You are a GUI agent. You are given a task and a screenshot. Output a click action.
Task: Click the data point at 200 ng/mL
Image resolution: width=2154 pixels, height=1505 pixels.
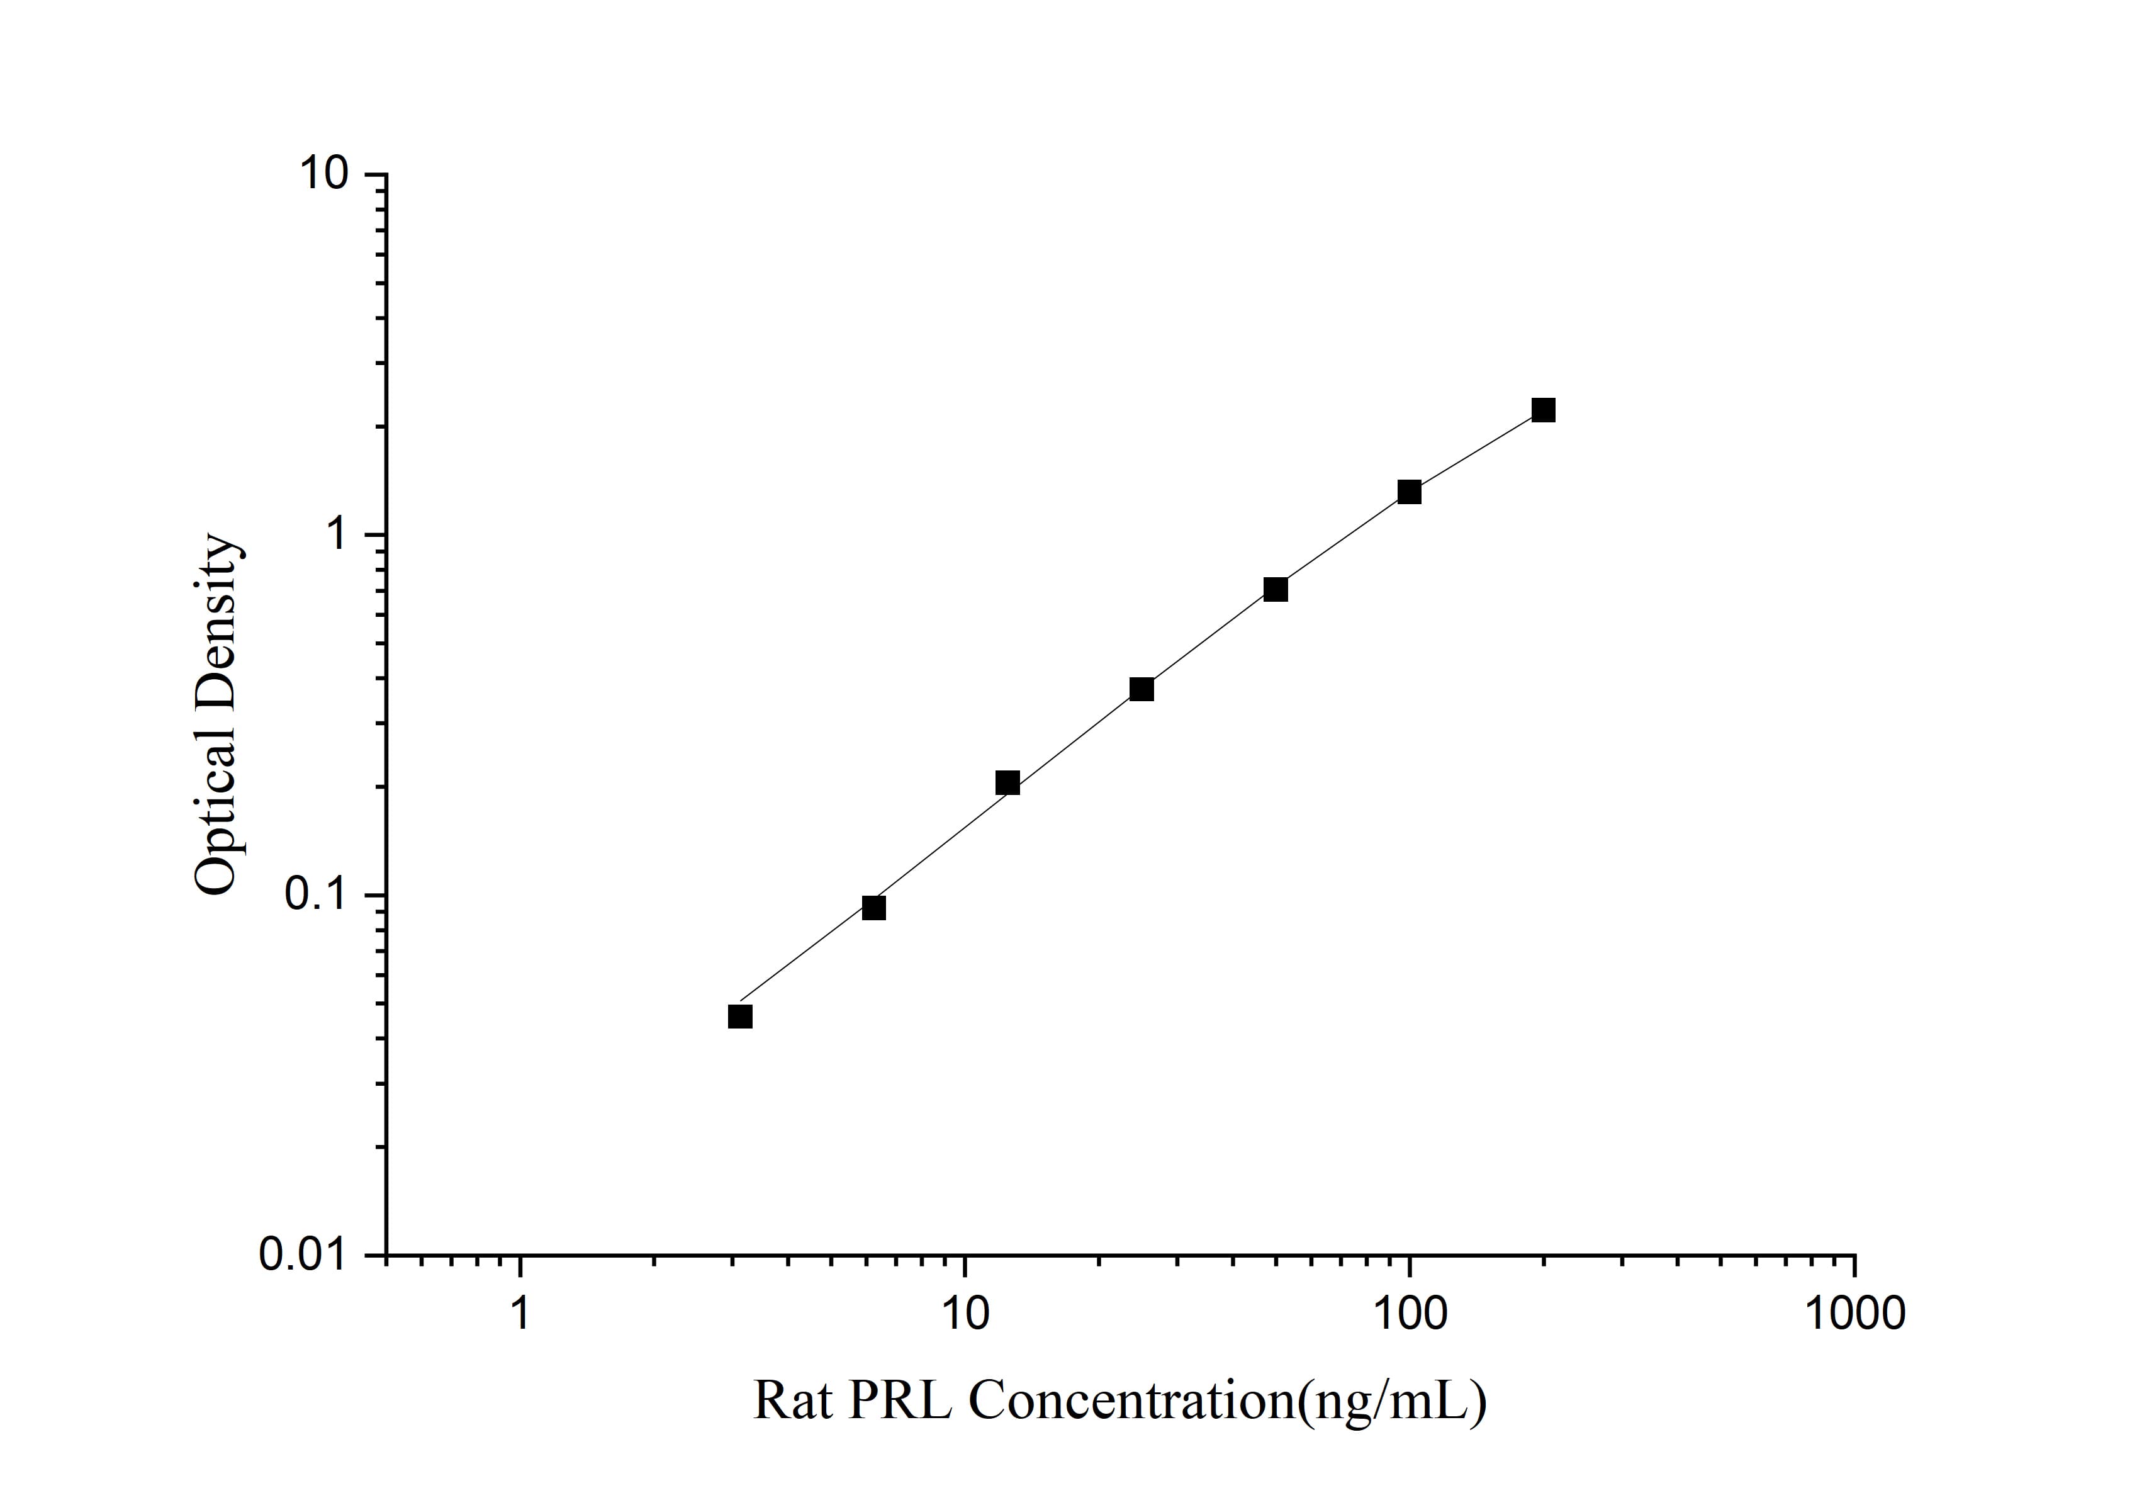(1543, 410)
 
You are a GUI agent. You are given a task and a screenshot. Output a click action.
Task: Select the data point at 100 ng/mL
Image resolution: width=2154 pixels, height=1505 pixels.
(1409, 492)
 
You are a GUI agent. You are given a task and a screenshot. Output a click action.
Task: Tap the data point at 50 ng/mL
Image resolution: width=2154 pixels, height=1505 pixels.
(1275, 589)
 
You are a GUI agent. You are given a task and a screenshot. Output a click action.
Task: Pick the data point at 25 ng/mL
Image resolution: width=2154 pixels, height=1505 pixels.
(1142, 690)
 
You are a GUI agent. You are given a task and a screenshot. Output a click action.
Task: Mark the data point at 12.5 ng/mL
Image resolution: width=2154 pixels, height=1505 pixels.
(1007, 782)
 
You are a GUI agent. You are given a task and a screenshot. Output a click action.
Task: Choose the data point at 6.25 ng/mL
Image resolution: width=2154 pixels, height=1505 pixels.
(873, 907)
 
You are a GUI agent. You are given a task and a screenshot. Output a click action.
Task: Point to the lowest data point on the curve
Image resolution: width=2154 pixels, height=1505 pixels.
(740, 1016)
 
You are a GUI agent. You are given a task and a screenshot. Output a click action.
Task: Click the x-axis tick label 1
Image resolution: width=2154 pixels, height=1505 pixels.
(520, 1314)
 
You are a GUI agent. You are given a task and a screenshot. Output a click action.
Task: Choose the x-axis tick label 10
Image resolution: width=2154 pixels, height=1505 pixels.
(965, 1314)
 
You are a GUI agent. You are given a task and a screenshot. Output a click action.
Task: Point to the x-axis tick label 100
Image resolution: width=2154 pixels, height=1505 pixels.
(1409, 1314)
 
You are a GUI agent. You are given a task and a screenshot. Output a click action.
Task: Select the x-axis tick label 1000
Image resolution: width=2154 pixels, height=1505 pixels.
(1854, 1314)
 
